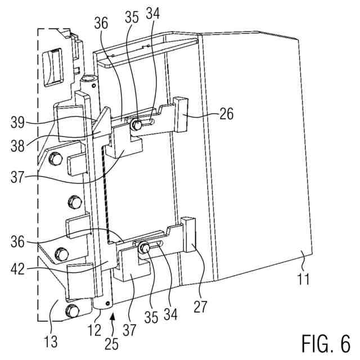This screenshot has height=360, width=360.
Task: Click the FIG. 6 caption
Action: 326,342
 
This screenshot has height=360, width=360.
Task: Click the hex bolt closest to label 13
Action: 71,310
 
